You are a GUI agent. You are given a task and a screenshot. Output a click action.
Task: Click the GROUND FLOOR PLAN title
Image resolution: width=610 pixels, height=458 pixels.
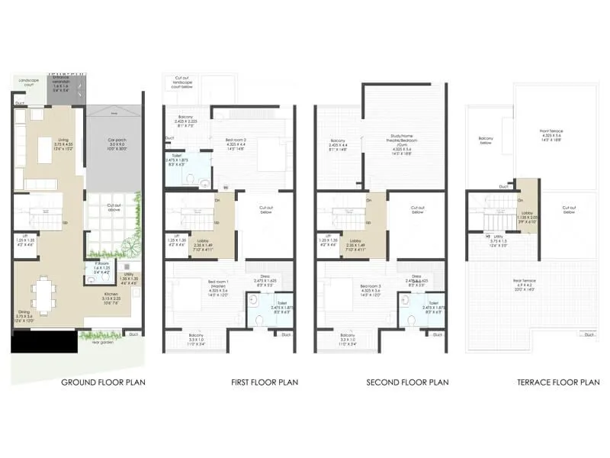[x=103, y=382]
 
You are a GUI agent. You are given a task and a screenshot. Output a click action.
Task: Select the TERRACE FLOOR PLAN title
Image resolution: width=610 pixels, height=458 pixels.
[x=559, y=382]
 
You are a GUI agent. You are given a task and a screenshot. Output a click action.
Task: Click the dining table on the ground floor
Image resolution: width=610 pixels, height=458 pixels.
[x=43, y=294]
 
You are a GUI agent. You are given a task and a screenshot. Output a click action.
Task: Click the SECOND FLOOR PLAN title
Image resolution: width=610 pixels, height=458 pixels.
[x=407, y=382]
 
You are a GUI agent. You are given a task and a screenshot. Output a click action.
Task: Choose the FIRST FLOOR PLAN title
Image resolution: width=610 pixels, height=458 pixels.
[x=265, y=382]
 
